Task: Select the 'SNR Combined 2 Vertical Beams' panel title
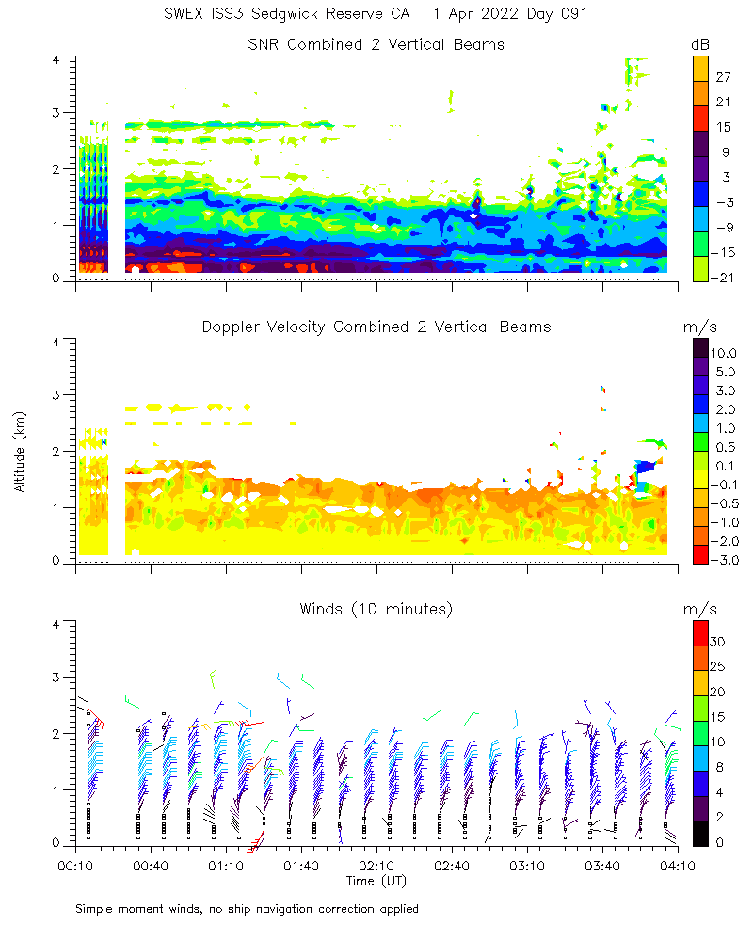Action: point(376,44)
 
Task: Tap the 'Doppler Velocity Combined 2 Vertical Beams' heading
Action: point(376,327)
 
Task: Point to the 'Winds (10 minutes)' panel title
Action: point(376,609)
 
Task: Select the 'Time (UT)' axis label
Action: point(376,881)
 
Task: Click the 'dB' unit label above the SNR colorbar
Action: point(700,45)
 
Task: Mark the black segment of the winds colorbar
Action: point(700,833)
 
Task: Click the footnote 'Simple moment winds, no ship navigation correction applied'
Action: point(247,909)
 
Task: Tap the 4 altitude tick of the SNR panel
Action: point(57,59)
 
